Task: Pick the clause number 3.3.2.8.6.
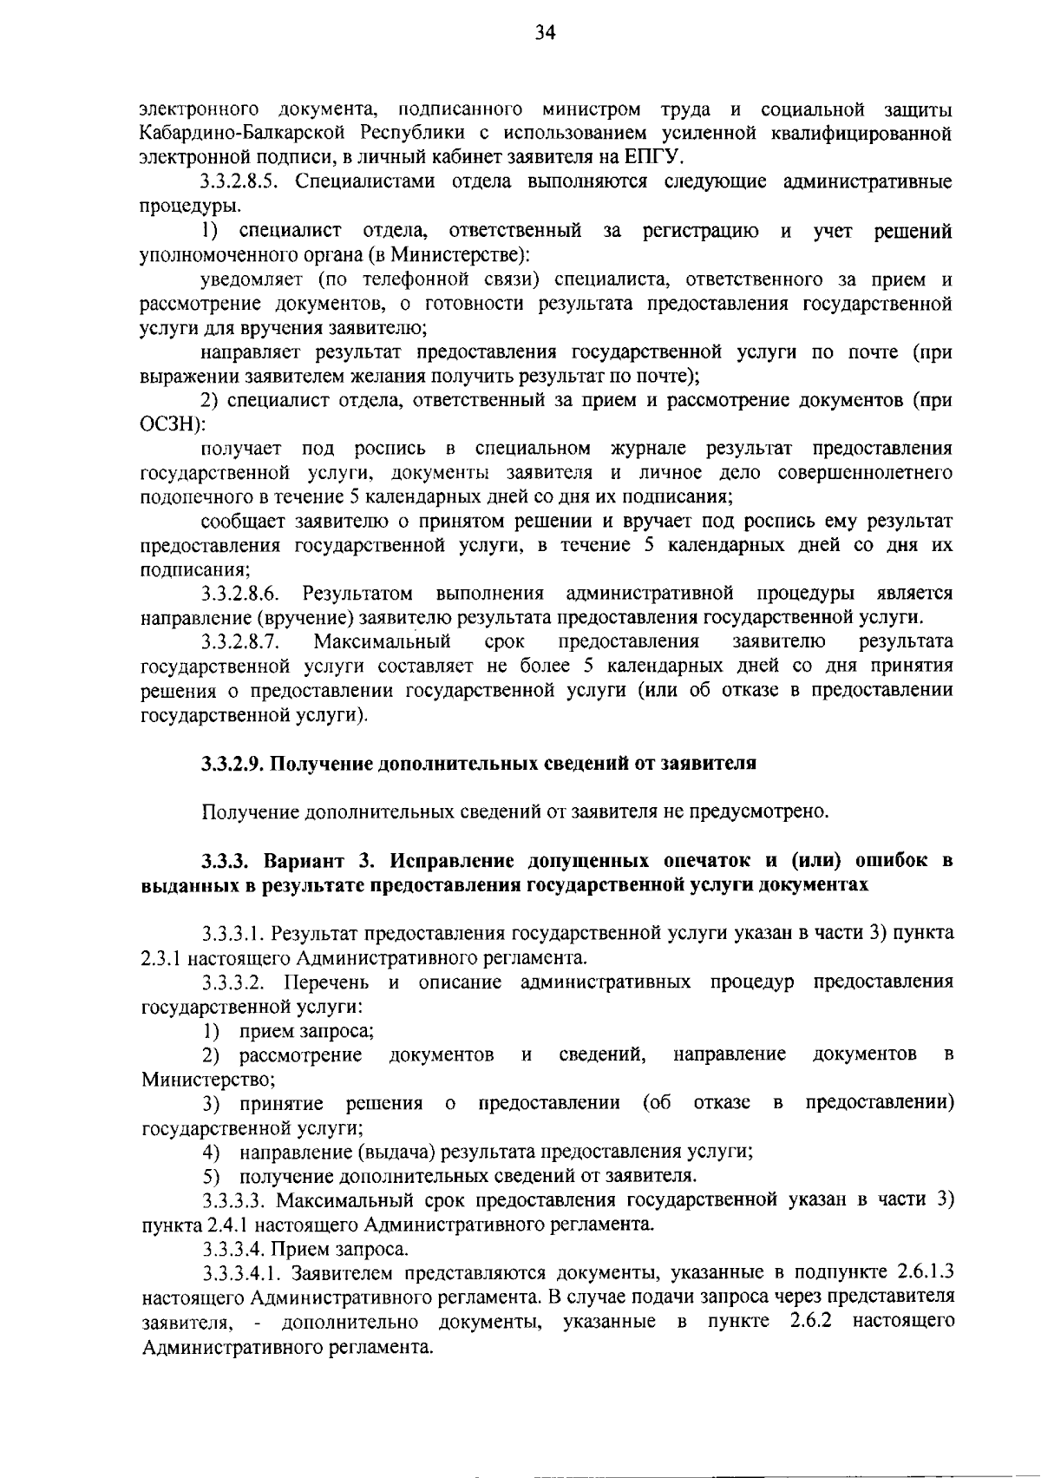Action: coord(241,594)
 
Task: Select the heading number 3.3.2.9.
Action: coord(233,764)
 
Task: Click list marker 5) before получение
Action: coord(210,1176)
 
